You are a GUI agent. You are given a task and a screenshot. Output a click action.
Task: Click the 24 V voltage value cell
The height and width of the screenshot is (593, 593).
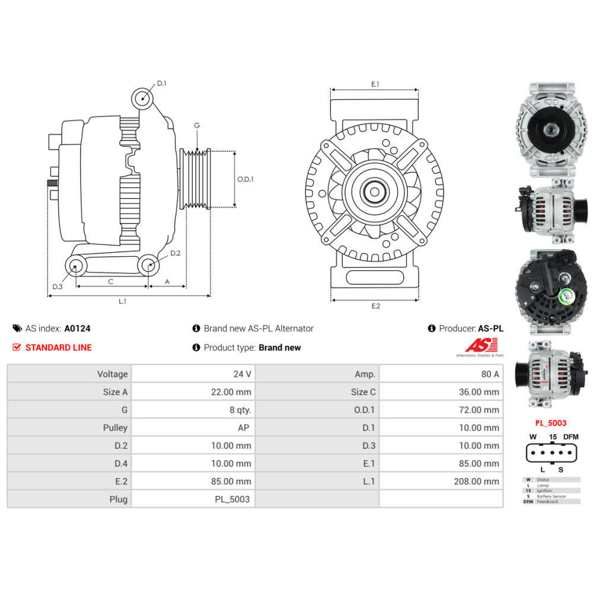tap(242, 374)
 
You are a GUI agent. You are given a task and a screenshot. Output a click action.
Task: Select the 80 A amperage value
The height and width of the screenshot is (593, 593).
tap(490, 374)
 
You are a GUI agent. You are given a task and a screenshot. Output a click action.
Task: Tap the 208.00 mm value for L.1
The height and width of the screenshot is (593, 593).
tap(476, 482)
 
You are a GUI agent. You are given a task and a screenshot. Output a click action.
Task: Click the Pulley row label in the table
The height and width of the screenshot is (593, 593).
tap(115, 428)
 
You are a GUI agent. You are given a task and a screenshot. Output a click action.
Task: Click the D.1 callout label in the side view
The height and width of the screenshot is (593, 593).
tap(161, 84)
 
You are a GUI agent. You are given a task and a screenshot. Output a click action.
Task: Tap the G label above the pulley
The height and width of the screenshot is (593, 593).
tap(197, 125)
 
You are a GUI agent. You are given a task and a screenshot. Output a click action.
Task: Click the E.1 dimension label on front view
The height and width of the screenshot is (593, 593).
tap(375, 85)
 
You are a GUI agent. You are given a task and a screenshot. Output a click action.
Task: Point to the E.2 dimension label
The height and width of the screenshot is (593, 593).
tap(375, 307)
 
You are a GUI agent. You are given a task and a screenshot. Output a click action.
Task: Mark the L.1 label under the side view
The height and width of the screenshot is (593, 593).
tap(122, 301)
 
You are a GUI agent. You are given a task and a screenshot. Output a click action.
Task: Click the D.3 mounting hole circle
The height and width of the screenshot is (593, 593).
tap(75, 266)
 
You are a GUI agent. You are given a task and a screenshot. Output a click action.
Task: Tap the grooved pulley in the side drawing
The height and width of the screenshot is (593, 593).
tap(196, 179)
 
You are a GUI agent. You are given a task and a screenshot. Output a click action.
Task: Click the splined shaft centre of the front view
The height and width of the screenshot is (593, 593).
tap(375, 191)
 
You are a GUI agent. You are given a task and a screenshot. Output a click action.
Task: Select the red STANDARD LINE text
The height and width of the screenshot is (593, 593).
tap(58, 347)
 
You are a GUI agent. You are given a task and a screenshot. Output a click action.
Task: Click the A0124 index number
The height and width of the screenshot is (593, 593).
tap(77, 328)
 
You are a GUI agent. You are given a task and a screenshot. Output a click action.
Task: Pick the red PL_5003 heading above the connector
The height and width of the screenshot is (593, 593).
tap(550, 423)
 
